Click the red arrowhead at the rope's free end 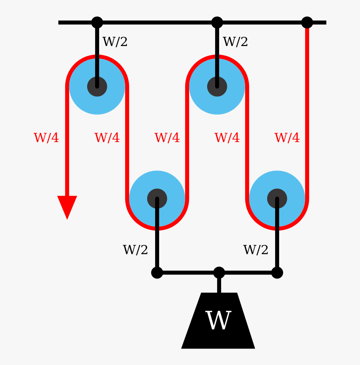pos(67,206)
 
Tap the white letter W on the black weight pos(218,321)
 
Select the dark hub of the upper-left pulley pos(97,86)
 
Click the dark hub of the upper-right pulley pos(217,86)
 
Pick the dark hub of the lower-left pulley pos(157,199)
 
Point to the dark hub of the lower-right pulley pos(277,199)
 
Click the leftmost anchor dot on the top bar pos(97,22)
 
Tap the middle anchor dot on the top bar pos(217,22)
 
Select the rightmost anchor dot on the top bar pos(307,22)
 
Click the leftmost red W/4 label pos(46,138)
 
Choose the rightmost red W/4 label pos(287,138)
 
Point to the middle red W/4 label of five pos(167,138)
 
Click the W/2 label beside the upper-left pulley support pos(115,42)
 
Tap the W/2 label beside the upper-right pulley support pos(236,42)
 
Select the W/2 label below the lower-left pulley pos(136,250)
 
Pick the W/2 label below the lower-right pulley pos(256,250)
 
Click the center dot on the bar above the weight pos(219,273)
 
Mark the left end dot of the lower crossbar pos(157,273)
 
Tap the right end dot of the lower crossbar pos(277,273)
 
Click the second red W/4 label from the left pos(107,138)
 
